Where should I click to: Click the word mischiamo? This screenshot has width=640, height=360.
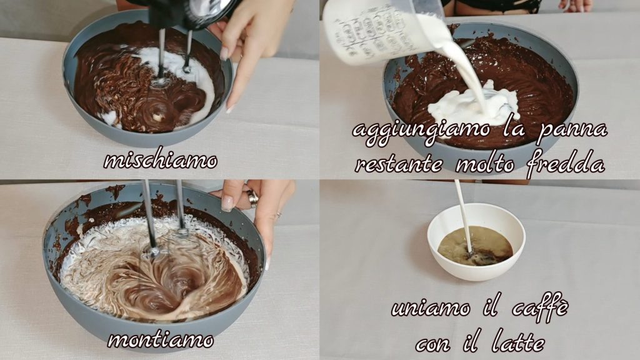click(160, 161)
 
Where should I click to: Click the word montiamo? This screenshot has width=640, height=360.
click(161, 340)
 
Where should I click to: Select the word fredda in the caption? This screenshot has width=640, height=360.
click(566, 164)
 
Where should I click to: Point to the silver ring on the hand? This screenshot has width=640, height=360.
click(252, 198)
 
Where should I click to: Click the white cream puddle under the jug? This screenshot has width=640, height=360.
click(474, 105)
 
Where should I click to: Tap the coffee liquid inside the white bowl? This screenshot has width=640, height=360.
click(476, 245)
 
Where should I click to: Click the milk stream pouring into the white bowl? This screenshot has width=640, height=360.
click(464, 216)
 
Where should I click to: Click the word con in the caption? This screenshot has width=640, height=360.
click(433, 344)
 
